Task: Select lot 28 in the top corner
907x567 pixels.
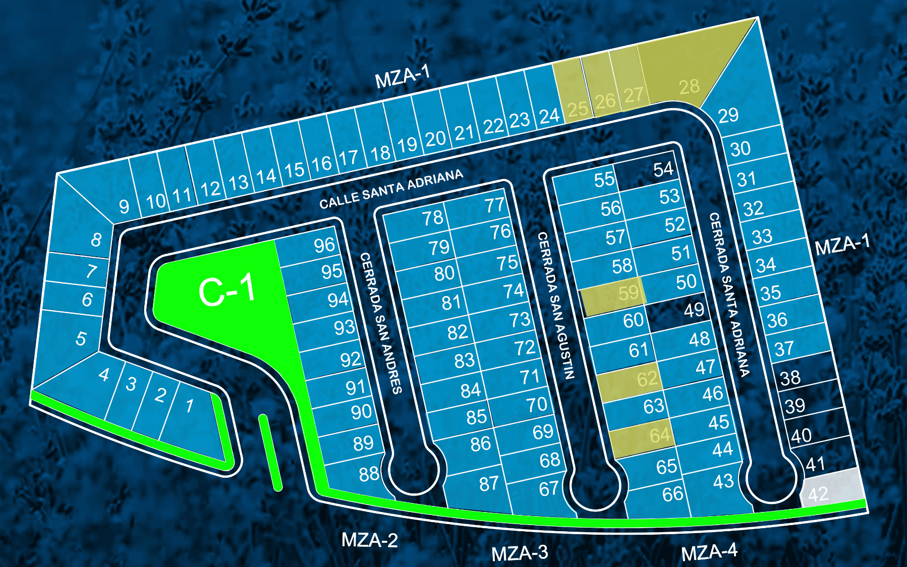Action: pos(686,76)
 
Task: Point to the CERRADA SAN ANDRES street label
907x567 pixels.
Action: pos(381,323)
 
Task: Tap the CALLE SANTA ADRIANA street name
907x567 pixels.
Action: pos(391,189)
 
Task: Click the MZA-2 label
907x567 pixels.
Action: pos(370,540)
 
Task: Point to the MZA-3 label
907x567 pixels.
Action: pos(520,553)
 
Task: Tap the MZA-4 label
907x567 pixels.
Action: pos(709,552)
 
